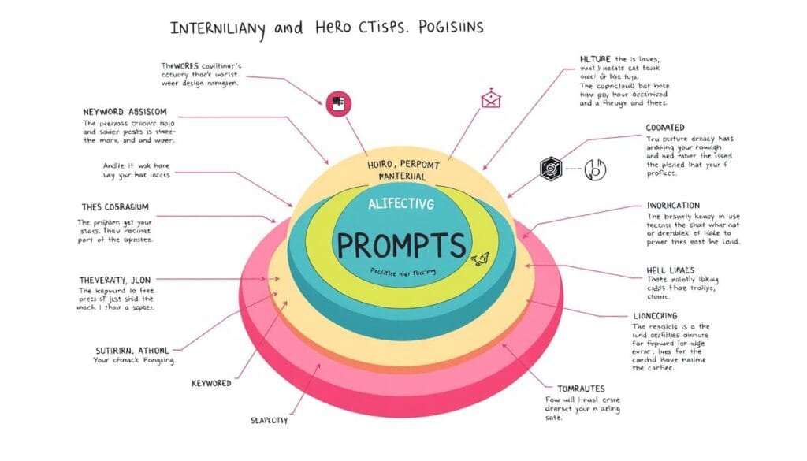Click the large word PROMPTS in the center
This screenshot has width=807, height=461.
tap(402, 245)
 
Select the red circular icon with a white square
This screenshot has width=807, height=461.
tap(335, 102)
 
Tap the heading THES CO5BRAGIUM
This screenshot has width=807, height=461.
tap(115, 207)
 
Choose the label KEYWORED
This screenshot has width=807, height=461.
tap(211, 383)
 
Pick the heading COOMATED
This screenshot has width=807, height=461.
tap(664, 127)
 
